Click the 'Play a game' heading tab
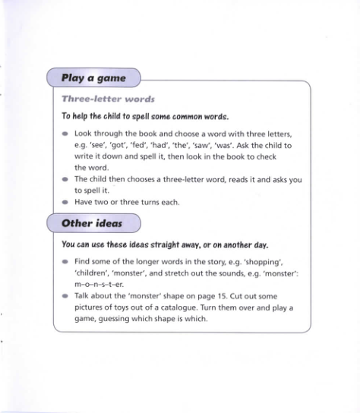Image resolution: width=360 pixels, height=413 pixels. (x=93, y=78)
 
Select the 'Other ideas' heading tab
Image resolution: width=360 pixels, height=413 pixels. (x=93, y=223)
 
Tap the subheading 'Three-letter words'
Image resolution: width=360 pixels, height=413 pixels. (x=108, y=99)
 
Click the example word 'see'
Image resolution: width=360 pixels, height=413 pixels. (x=101, y=144)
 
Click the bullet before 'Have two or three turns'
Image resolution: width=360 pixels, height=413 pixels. (x=65, y=203)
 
